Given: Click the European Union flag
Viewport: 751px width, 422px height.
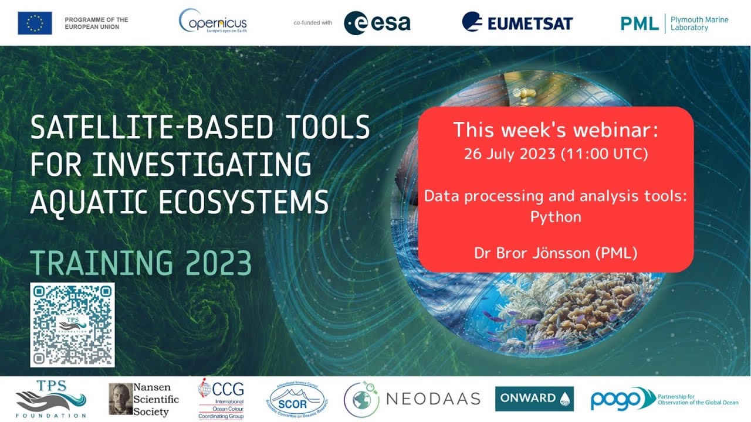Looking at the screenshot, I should pyautogui.click(x=35, y=23).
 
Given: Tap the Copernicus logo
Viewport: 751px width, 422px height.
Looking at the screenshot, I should pyautogui.click(x=212, y=22).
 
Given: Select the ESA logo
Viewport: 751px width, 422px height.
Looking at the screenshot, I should pyautogui.click(x=377, y=23).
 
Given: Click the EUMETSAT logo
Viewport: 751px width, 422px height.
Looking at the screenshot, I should pyautogui.click(x=517, y=23).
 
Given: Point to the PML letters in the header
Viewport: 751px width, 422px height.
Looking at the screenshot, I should pyautogui.click(x=640, y=23).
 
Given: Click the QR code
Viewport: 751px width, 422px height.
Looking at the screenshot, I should pyautogui.click(x=72, y=325).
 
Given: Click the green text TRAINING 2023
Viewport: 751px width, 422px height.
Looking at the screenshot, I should pyautogui.click(x=141, y=263).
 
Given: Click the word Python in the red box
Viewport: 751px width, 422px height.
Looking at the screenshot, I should pyautogui.click(x=556, y=217).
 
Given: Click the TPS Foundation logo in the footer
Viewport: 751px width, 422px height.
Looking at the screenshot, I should pyautogui.click(x=50, y=399).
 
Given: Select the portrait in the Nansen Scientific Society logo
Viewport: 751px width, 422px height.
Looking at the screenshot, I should pyautogui.click(x=120, y=399).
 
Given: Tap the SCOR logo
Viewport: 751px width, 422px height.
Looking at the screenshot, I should pyautogui.click(x=296, y=399).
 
